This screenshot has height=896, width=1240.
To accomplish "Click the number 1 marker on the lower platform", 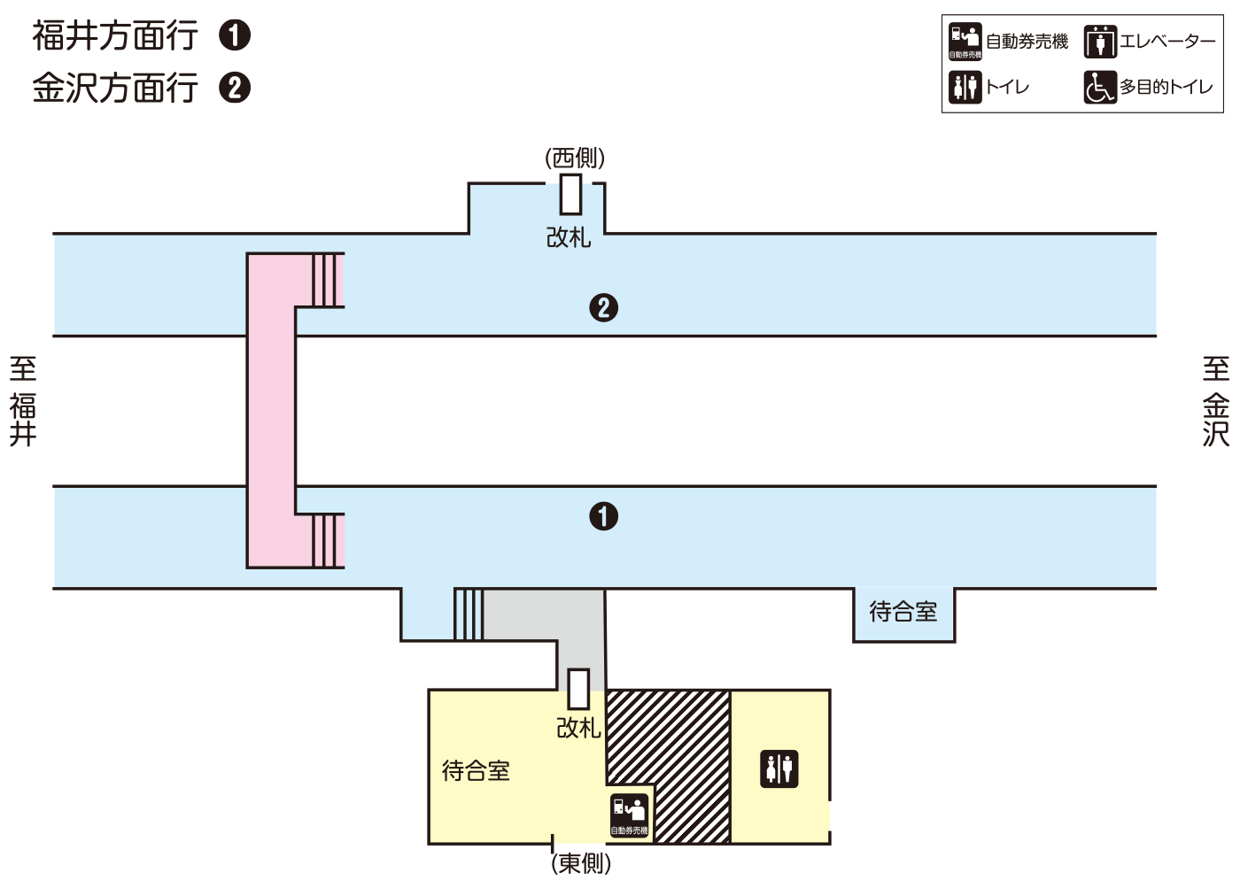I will coord(604,516).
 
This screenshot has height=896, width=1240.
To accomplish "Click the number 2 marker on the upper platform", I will coord(604,308).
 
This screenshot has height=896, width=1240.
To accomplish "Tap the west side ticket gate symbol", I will coord(571,194).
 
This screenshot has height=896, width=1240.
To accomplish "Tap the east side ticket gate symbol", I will coord(578,689).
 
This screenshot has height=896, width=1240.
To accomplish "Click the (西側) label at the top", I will coord(575,158).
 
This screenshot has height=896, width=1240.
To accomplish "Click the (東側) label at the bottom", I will coord(581,863).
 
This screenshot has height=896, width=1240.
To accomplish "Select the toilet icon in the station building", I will coord(779,769).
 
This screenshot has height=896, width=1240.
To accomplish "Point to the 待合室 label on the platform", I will coord(903,612).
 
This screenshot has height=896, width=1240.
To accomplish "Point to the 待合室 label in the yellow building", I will coord(477,771).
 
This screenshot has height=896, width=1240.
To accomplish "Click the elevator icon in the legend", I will coord(1100,42).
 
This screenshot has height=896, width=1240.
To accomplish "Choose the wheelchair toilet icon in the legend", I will coord(1100,87).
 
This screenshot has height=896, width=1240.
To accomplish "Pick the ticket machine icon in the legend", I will coord(965,41).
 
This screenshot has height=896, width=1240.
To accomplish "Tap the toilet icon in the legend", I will coord(965,87).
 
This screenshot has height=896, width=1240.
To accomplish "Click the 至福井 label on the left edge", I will coord(23,401).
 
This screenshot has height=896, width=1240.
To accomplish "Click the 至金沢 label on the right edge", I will coord(1216,401).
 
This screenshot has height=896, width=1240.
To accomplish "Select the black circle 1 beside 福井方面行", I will coord(235,35).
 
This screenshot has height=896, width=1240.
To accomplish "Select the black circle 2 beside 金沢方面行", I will coord(235,88).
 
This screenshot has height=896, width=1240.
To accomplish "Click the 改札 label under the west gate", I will coord(569,237).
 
